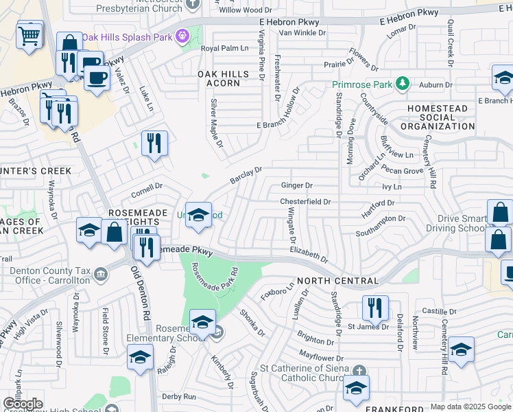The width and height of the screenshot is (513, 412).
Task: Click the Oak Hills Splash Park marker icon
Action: point(182,36)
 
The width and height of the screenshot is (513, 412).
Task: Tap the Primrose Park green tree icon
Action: point(403,84)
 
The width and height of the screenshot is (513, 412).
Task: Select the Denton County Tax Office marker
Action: point(101,275)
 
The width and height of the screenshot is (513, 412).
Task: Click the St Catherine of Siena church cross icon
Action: point(357,370)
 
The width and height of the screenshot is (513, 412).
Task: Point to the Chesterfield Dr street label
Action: point(305,202)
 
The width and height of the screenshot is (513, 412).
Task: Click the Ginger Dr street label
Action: point(297,185)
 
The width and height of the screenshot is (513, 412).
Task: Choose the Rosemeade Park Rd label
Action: point(213,277)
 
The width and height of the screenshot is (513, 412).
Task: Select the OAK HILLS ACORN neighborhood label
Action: point(219,78)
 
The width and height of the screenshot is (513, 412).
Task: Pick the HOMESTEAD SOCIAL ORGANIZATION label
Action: point(437,117)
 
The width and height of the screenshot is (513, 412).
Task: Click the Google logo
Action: point(23,404)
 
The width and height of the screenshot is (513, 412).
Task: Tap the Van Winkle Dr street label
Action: point(295,33)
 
